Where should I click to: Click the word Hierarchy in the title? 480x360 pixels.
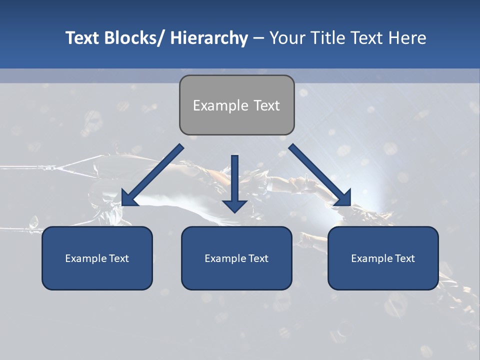click(209, 38)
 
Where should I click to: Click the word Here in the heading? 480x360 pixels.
click(407, 38)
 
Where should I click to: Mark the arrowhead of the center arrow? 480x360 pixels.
click(235, 205)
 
